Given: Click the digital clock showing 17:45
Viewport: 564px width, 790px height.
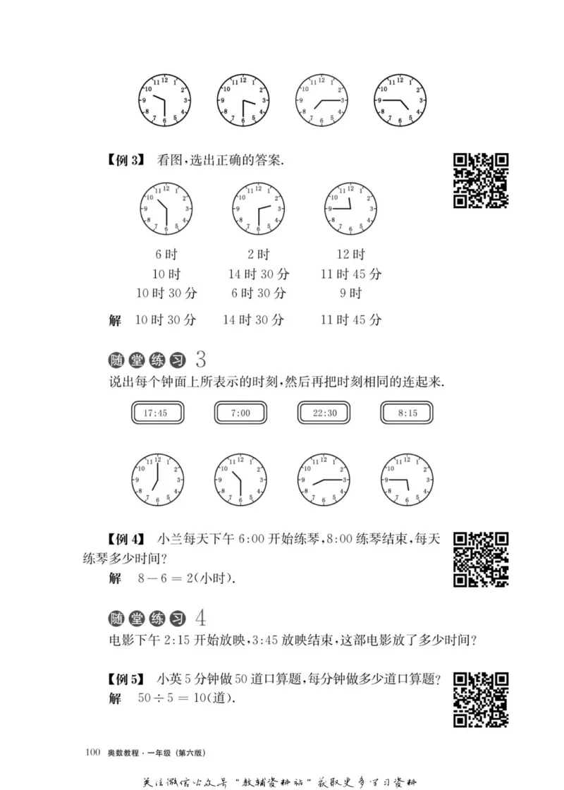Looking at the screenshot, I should [157, 413].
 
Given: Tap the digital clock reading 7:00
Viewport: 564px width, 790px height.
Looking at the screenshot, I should [240, 413].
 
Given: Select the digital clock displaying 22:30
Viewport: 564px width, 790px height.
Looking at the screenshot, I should [324, 413].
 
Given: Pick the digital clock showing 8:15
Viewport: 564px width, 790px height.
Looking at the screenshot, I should [407, 413].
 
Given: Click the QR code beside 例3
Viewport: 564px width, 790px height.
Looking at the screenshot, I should [480, 181].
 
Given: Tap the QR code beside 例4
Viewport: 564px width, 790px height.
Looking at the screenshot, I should [480, 559].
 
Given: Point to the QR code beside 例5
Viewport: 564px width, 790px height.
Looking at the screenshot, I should [480, 699].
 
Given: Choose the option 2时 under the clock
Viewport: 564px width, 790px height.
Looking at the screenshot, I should [258, 255].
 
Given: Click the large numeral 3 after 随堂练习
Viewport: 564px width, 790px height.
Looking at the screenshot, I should [200, 360].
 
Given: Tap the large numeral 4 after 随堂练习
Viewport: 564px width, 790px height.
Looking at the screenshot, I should [200, 619].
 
